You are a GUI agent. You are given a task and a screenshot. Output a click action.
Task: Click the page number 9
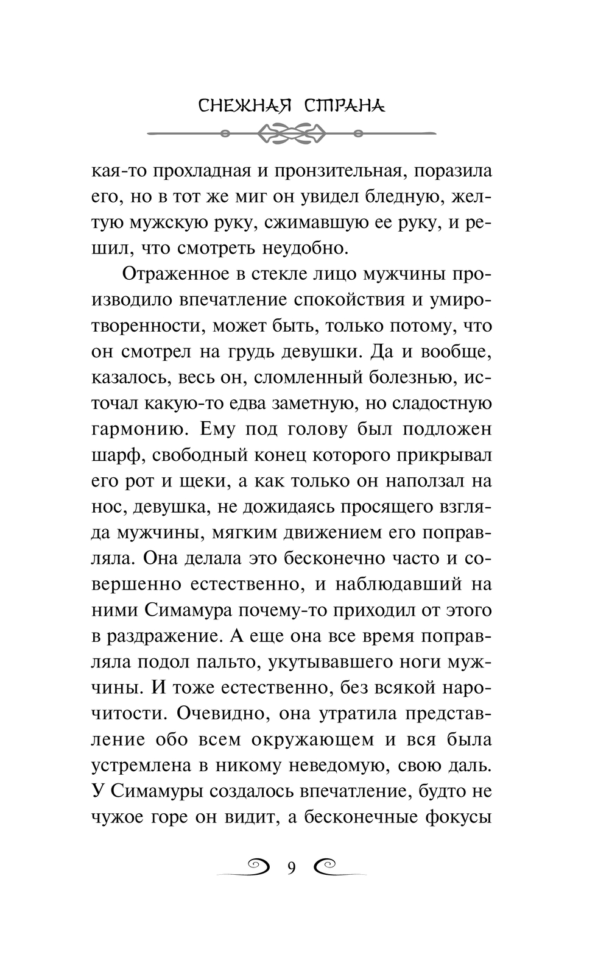pos(291,867)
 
